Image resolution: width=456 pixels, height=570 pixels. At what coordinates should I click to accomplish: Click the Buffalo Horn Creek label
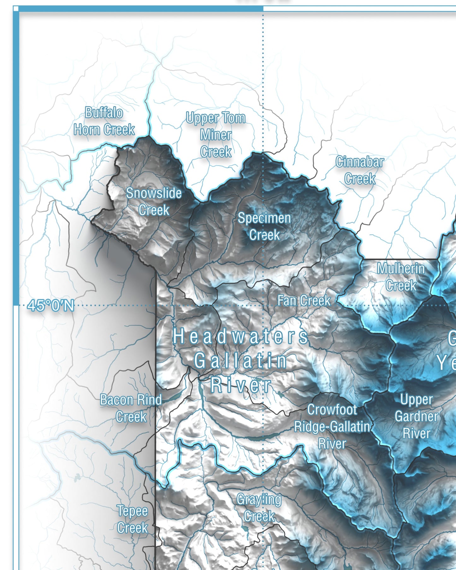point(104,121)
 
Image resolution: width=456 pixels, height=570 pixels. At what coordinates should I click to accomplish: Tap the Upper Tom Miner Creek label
point(216,135)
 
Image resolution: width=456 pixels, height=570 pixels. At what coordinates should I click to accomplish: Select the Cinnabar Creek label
point(359,170)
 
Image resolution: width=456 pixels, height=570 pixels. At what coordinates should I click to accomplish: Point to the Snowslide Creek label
point(154,201)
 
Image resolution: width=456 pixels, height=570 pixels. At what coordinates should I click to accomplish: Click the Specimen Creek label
point(264,226)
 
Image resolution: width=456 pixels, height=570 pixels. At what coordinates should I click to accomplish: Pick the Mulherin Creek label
point(401,277)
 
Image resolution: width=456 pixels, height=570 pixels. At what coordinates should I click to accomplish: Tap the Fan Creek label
point(304,300)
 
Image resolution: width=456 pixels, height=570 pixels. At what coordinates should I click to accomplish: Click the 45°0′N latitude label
point(51,306)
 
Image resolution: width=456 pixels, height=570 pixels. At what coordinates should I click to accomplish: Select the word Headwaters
point(240,336)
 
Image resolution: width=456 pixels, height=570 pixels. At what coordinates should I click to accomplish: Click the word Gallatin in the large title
point(240,361)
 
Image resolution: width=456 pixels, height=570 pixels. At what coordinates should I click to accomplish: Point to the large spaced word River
point(240,385)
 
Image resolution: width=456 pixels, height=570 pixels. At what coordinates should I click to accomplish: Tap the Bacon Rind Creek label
point(131,408)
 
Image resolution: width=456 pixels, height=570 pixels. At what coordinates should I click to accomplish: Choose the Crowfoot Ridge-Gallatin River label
point(332,427)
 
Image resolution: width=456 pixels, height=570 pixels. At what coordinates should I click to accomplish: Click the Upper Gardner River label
point(416,416)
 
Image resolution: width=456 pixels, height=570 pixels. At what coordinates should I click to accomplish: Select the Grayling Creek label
point(259,508)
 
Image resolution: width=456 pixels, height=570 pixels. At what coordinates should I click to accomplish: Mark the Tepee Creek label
point(132,519)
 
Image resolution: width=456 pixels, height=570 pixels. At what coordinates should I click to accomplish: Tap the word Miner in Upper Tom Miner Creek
point(216,135)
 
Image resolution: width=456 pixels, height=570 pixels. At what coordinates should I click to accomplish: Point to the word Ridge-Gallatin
point(332,427)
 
